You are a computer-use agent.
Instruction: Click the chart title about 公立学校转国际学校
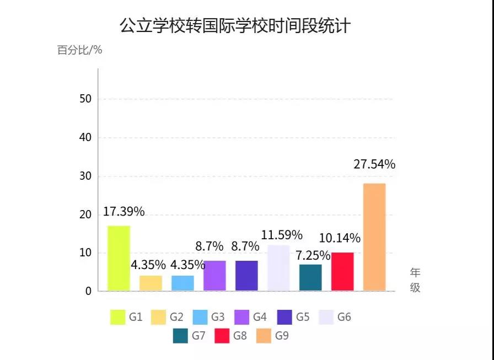pyautogui.click(x=235, y=25)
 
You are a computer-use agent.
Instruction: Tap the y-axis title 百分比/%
pyautogui.click(x=80, y=50)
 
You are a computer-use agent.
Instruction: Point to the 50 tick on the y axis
pyautogui.click(x=85, y=99)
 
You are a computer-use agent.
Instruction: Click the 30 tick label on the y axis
pyautogui.click(x=85, y=176)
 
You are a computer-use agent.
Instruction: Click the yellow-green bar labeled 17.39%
pyautogui.click(x=119, y=258)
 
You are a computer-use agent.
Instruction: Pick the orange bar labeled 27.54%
pyautogui.click(x=374, y=237)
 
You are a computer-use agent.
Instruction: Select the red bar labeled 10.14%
pyautogui.click(x=342, y=271)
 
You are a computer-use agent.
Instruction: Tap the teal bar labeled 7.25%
pyautogui.click(x=310, y=277)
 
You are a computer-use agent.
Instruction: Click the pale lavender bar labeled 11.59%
pyautogui.click(x=278, y=267)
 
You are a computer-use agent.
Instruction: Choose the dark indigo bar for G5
pyautogui.click(x=246, y=276)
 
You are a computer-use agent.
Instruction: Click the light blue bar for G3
pyautogui.click(x=182, y=283)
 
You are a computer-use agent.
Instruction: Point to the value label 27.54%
pyautogui.click(x=374, y=164)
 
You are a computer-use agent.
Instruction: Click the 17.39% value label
pyautogui.click(x=123, y=212)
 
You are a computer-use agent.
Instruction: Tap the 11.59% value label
pyautogui.click(x=282, y=235)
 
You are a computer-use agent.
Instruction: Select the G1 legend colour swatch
pyautogui.click(x=117, y=317)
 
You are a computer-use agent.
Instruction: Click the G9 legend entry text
pyautogui.click(x=282, y=335)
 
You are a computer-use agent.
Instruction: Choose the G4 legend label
pyautogui.click(x=260, y=317)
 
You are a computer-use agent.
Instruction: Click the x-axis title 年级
pyautogui.click(x=415, y=280)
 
